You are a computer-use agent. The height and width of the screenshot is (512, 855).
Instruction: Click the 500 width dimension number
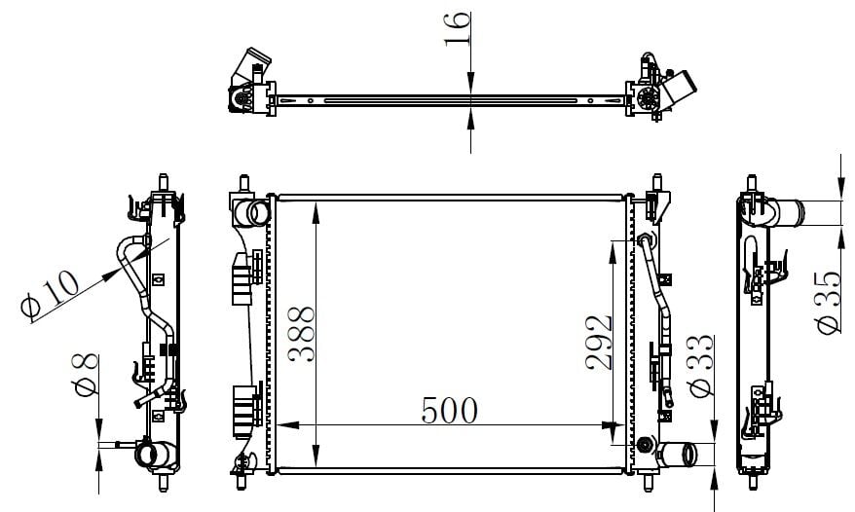coord(449,411)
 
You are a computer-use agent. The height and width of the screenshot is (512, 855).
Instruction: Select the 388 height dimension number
coord(302,334)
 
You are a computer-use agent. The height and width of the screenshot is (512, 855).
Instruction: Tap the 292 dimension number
coord(599,343)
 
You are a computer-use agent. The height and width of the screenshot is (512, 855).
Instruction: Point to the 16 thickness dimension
coord(457,28)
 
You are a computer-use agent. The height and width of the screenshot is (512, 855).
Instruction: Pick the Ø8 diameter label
coord(85,374)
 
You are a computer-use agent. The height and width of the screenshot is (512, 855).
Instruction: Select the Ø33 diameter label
coord(701,365)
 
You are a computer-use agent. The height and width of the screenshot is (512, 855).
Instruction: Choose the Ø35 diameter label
coord(830,302)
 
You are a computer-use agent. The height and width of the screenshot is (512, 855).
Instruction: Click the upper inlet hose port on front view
coord(252,212)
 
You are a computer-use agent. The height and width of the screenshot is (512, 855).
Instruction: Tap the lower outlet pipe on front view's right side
coord(677,455)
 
